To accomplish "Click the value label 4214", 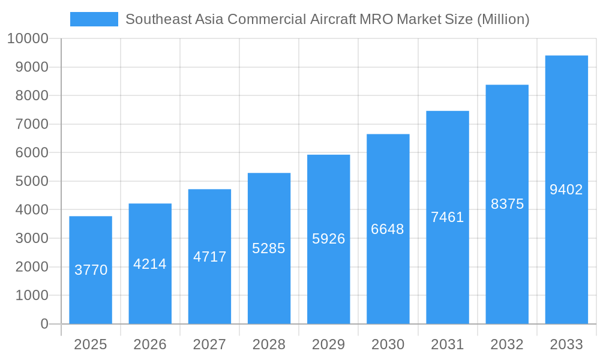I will pos(150,264).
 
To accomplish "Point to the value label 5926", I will pos(329,239).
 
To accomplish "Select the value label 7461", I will pos(448,217).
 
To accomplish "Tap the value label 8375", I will pos(507,204).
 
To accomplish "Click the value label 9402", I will pos(566,190).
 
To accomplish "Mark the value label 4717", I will pos(209,257).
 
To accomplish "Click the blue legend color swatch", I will pos(94,19).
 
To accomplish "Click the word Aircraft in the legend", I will pos(332,19).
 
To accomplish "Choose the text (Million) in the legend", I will pos(503,19).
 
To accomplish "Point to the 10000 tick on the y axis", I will pos(27,39).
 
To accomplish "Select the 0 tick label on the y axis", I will pos(44,324).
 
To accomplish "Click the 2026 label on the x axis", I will pos(150,344).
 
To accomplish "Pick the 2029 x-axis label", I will pos(329,344).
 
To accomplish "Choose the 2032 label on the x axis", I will pos(507,344).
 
